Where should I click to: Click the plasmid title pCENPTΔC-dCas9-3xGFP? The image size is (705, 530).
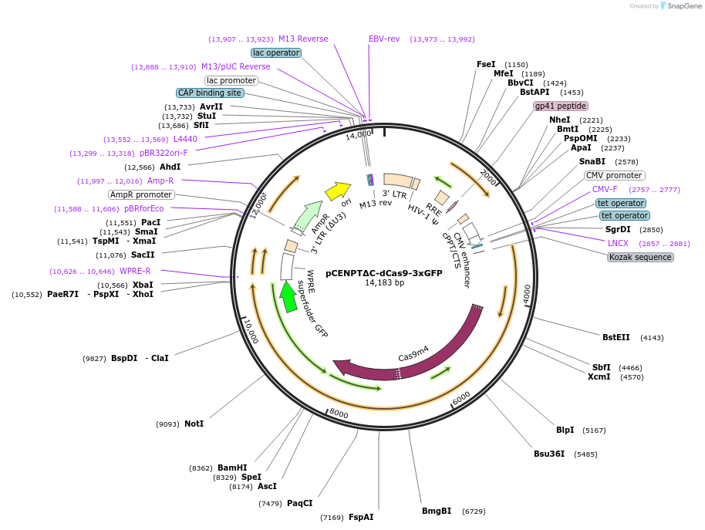[x=383, y=272]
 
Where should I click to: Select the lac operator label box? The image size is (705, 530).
[x=275, y=52]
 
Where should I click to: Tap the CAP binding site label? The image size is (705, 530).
[x=210, y=93]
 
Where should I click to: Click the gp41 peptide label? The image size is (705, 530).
[x=561, y=106]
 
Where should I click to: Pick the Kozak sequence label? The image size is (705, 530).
[x=640, y=257]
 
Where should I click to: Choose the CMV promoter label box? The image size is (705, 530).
[x=615, y=175]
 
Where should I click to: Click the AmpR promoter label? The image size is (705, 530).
[x=141, y=194]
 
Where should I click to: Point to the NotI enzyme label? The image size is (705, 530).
[x=194, y=424]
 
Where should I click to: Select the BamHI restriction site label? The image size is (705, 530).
[x=231, y=468]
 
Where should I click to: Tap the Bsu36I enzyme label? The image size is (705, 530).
[x=549, y=454]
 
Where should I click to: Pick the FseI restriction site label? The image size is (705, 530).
[x=486, y=64]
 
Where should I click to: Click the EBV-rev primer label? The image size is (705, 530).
[x=384, y=39]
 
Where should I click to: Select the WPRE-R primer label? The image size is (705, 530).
[x=135, y=271]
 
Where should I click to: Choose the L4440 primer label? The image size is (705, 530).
[x=185, y=139]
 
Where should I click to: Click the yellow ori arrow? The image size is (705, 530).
[x=338, y=190]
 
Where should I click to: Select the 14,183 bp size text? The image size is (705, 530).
[x=384, y=283]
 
